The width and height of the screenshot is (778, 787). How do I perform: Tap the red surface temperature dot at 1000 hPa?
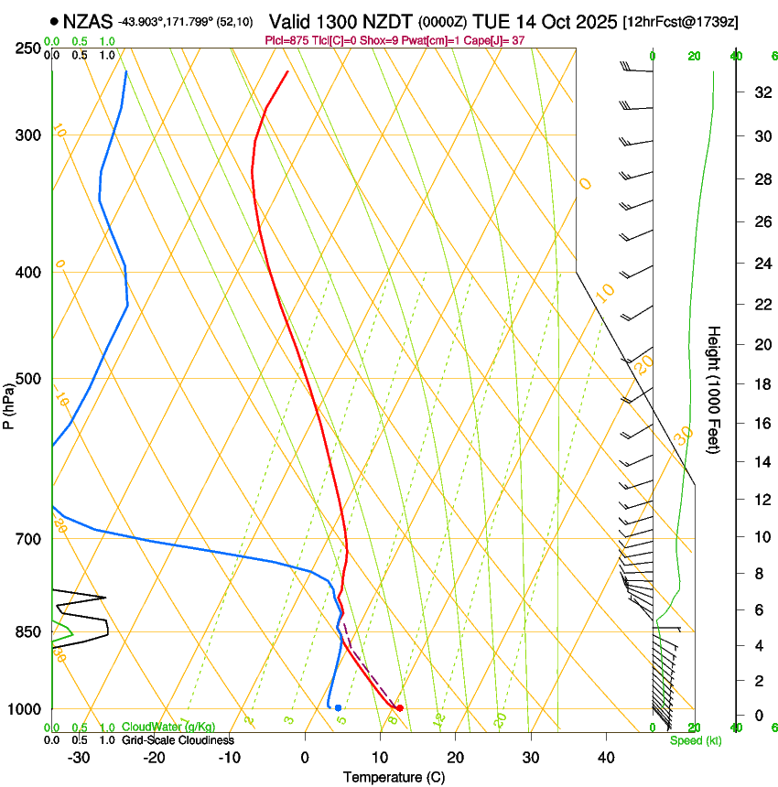(x=400, y=708)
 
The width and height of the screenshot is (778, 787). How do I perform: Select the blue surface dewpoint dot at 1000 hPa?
(x=339, y=707)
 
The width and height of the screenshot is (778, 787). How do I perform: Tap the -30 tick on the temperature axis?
(x=79, y=758)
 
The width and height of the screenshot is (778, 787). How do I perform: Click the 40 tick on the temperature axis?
(x=605, y=758)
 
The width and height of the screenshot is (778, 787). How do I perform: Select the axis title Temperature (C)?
(x=394, y=777)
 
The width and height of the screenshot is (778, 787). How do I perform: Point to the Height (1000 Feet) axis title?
(x=714, y=389)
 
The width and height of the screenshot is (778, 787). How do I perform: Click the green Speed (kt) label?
(x=696, y=740)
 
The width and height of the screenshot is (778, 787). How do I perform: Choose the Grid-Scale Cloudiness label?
(x=178, y=740)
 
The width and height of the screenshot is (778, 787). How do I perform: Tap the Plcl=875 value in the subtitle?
(x=285, y=40)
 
